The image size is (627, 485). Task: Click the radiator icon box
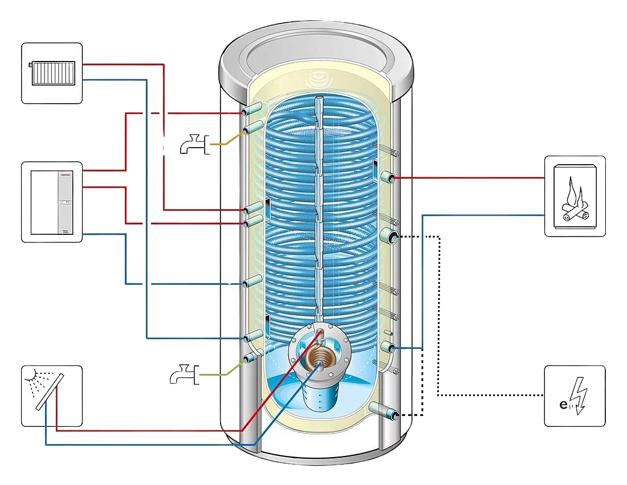tap(52, 72)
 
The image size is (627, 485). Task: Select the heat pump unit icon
tap(52, 202)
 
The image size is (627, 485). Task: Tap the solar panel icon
tap(52, 396)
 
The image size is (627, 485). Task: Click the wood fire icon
tap(575, 195)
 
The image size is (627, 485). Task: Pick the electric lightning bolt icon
tap(575, 396)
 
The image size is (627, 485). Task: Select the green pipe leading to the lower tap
tap(225, 371)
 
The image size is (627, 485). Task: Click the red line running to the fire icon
tap(467, 178)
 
